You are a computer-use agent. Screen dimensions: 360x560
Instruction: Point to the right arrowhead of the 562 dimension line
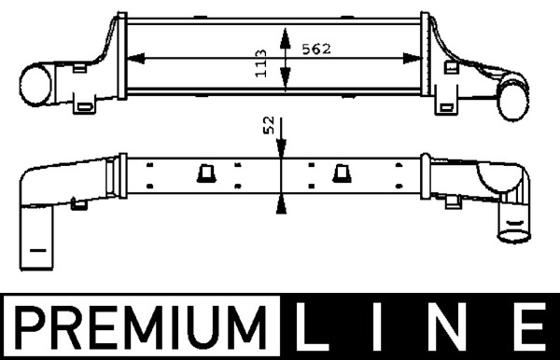(x=416, y=58)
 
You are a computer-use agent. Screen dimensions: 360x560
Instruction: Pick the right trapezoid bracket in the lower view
(x=343, y=172)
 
